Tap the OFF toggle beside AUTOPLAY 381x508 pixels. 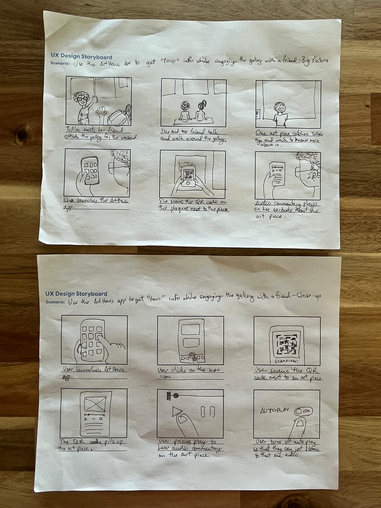pos(303,411)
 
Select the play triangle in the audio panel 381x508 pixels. pos(176,412)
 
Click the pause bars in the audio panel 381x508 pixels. pos(208,412)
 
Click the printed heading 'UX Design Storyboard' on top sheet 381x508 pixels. pos(81,57)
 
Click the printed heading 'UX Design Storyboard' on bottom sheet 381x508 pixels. pos(76,294)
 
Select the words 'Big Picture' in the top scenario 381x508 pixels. pos(315,61)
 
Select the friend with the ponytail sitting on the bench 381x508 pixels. pos(201,110)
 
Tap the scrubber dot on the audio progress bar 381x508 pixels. pos(176,395)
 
